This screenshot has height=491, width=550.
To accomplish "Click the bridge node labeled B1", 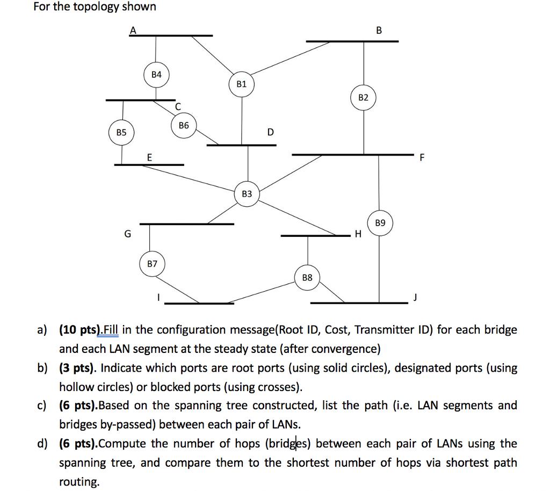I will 242,84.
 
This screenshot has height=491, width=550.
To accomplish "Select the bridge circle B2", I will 364,97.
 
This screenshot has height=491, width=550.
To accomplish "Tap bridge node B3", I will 247,193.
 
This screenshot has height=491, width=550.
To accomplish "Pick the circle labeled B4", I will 156,75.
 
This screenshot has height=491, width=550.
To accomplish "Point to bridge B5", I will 121,132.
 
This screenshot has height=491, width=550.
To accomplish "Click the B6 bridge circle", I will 184,125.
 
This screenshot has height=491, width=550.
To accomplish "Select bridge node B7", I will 153,264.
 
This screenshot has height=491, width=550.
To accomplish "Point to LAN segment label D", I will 270,132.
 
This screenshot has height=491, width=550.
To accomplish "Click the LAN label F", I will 422,158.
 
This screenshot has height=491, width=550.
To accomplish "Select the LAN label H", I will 358,235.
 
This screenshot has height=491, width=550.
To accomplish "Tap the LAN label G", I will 127,234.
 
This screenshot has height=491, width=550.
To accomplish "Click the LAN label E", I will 149,157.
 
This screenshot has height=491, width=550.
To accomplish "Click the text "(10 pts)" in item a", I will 79,329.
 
